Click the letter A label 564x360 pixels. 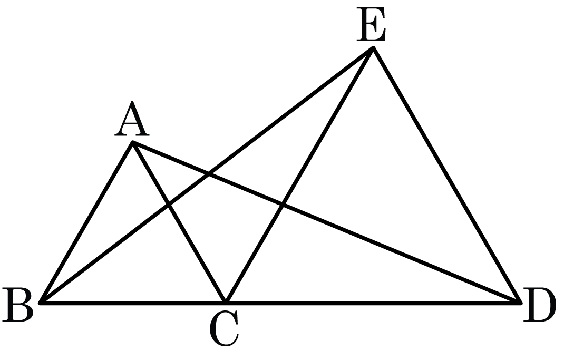132,118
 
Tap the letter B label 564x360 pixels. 17,304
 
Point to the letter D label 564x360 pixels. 540,304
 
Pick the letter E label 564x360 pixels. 371,24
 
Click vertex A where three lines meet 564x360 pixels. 133,143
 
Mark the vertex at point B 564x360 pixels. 40,303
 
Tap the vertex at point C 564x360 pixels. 226,303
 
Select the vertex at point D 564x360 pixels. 520,303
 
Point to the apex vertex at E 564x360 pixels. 373,47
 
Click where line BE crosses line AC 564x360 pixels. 169,205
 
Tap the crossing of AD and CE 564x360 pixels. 283,205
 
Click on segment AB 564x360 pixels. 86,223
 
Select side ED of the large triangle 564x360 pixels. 447,175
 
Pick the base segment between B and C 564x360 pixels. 133,303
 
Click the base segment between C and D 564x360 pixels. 373,303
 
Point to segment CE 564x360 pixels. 299,175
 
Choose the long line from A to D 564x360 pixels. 327,223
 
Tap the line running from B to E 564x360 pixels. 207,175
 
